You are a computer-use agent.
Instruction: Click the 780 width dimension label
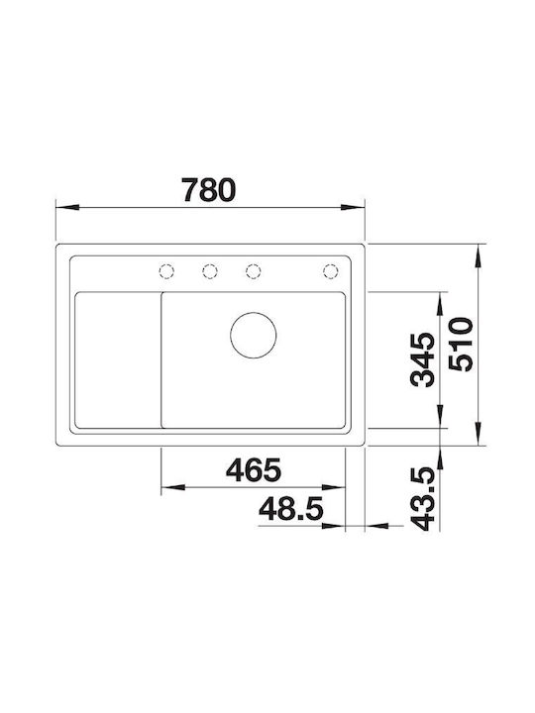[x=209, y=190]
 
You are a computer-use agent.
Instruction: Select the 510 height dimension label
[x=461, y=345]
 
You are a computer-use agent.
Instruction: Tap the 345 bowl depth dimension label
[x=423, y=360]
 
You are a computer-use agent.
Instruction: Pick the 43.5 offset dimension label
[x=423, y=499]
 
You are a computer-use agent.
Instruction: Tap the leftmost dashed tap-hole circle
[x=166, y=271]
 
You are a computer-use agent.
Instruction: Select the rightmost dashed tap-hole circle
[x=331, y=271]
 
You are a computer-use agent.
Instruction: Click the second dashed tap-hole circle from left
[x=210, y=271]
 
